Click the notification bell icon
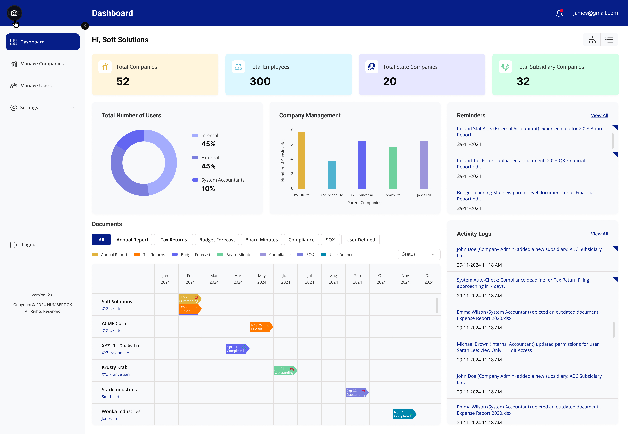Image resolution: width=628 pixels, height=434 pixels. coord(559,13)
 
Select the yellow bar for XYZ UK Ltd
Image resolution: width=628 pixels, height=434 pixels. coord(301,160)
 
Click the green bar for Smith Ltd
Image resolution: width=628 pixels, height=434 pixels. coord(393,168)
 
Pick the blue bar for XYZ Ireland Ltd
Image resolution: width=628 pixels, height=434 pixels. coord(331,175)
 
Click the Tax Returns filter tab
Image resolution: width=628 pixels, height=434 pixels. coord(174,240)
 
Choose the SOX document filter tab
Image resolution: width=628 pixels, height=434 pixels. coord(330,240)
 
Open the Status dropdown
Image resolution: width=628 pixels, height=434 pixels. coord(419,254)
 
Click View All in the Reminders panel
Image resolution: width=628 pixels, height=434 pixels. coord(599,116)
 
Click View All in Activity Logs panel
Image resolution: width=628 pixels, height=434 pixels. coord(599,234)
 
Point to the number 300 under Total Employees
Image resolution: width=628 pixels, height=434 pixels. coord(260,81)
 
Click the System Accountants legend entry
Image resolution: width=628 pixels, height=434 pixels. coord(222,180)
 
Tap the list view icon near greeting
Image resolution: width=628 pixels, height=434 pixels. coord(609,40)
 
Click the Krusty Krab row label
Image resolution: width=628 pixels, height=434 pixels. coord(114,367)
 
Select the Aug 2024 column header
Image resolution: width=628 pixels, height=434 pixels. coord(333,279)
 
